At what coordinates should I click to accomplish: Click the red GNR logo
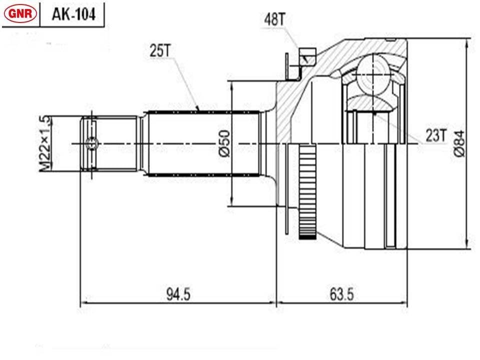20,13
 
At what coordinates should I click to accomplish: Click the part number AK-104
73,14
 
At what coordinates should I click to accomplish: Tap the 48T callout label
274,19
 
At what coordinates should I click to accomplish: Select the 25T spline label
160,50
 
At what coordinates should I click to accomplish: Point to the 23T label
436,135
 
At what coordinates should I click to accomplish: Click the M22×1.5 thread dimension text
44,143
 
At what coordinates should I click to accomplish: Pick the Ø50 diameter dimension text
224,143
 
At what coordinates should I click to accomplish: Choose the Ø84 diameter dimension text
459,144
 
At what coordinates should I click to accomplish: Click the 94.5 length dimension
178,294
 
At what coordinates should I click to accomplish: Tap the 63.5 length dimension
341,294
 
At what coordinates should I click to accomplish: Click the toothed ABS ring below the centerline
307,192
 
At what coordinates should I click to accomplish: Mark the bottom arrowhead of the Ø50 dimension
232,201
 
